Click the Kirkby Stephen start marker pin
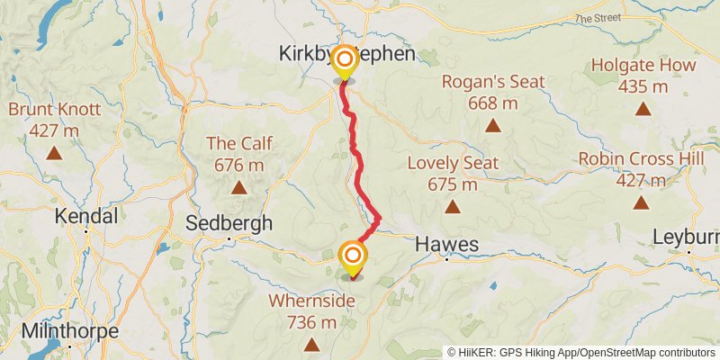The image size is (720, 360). [x=343, y=63]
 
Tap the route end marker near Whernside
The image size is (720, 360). [x=352, y=258]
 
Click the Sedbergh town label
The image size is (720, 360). [x=229, y=223]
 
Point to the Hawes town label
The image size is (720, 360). [x=445, y=245]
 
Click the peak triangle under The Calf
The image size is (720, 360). [x=238, y=187]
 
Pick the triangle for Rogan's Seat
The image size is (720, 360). [x=493, y=125]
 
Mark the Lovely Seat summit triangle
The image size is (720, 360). [x=452, y=207]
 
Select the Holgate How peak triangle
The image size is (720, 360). [x=643, y=109]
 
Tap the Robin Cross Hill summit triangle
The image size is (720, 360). [x=641, y=202]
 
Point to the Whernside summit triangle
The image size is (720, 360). [x=311, y=344]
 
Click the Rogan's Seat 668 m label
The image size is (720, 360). [x=493, y=92]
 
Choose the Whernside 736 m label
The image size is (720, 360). [x=312, y=310]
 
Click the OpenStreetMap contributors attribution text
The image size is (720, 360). [x=645, y=353]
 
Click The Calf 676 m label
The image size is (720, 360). [x=238, y=154]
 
